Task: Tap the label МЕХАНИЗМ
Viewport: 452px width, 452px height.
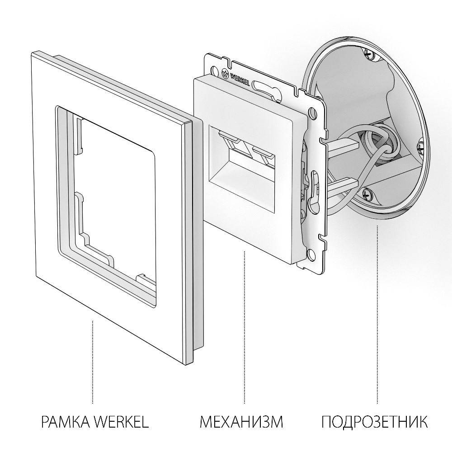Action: [x=241, y=423]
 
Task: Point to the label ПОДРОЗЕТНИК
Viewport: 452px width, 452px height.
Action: [x=375, y=423]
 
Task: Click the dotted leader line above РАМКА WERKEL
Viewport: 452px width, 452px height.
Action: [x=93, y=362]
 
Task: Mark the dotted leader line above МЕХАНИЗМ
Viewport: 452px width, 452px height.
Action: [x=244, y=325]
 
